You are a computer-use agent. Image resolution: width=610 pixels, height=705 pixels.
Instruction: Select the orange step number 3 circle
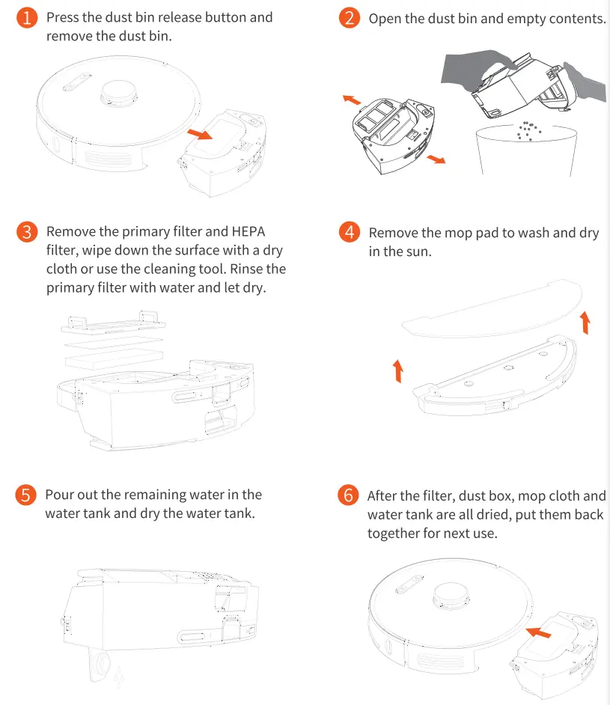pos(27,232)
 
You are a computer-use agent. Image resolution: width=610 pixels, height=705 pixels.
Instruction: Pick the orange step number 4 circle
pos(350,232)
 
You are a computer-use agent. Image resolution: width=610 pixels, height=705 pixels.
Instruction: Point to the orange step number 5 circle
pos(27,495)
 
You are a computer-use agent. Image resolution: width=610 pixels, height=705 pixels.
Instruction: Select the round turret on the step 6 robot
pos(452,594)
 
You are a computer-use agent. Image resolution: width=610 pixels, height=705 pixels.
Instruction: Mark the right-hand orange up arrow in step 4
pos(585,323)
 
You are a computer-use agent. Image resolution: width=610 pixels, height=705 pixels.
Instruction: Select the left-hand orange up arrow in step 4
pos(398,370)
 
